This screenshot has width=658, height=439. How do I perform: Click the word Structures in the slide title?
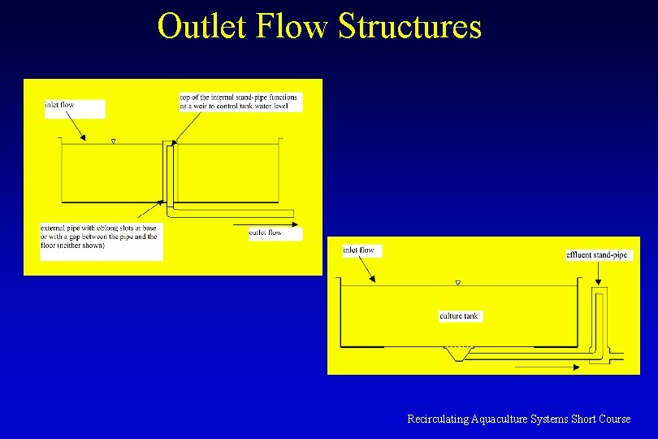410,26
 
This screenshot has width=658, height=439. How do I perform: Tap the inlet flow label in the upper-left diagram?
60,105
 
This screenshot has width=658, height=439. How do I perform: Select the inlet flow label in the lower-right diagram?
358,250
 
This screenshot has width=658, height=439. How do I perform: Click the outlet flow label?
266,233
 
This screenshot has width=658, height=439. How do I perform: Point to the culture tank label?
459,315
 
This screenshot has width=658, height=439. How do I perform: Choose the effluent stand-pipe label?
597,255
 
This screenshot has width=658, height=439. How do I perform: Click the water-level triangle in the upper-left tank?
113,142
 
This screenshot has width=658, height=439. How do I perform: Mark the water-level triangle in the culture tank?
458,283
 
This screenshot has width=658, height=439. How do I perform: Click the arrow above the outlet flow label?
264,224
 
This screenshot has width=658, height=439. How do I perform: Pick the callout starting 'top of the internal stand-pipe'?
239,102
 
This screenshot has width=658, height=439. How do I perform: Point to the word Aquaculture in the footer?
496,419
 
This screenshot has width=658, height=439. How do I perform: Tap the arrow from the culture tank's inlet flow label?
366,270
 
